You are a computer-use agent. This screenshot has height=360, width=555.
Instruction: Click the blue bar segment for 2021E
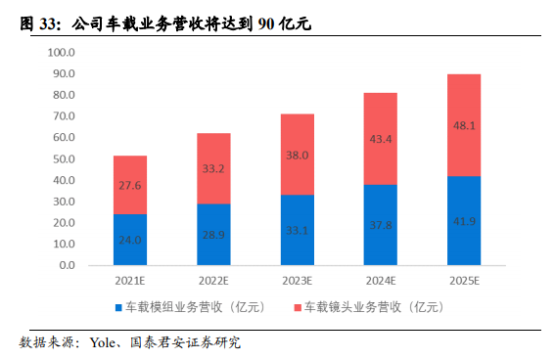pos(130,240)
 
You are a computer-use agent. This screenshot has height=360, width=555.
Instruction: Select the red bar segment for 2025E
pos(463,125)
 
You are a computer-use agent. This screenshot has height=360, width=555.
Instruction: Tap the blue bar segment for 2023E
pos(297,230)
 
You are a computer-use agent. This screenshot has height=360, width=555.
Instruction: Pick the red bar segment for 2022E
pos(213,168)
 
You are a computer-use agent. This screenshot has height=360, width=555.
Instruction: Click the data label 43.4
pos(380,140)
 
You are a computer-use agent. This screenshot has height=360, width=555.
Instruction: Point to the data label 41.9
pos(463,222)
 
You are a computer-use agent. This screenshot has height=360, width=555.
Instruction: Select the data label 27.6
pos(130,185)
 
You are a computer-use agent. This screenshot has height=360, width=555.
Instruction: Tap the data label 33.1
pos(297,232)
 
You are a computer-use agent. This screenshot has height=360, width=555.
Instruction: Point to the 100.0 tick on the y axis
pos(61,52)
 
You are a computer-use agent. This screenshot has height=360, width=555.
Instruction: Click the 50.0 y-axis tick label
pos(64,158)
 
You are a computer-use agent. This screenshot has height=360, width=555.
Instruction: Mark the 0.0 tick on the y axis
pos(67,265)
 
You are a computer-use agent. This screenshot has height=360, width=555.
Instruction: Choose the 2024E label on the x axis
pos(380,282)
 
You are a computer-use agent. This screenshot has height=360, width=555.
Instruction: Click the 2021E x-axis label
pos(130,282)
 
